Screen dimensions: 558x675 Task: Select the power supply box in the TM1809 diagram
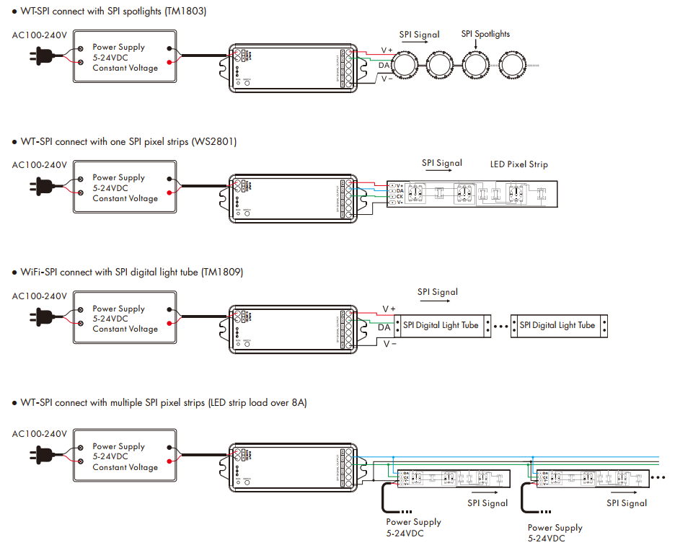(x=125, y=319)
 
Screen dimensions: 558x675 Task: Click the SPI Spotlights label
(x=485, y=34)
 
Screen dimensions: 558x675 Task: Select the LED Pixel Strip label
(x=519, y=164)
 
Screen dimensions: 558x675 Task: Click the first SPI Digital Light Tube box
(x=442, y=325)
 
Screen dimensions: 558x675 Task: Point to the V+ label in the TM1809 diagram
(x=389, y=309)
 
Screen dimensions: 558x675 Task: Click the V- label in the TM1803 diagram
(x=387, y=79)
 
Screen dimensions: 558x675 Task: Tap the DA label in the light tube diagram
(x=384, y=327)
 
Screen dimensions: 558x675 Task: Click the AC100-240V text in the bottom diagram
(x=40, y=434)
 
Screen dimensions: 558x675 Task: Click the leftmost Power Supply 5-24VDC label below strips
(x=413, y=527)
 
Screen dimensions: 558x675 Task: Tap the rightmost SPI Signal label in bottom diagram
(x=626, y=503)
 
